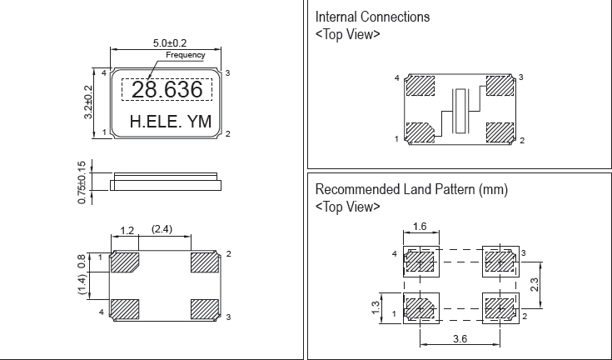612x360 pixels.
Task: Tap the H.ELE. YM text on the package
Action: click(x=171, y=122)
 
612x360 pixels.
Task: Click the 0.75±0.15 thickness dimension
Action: click(x=82, y=181)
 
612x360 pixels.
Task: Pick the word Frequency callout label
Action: click(x=185, y=56)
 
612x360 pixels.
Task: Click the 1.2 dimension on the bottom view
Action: click(x=127, y=230)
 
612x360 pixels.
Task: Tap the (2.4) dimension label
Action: click(x=162, y=230)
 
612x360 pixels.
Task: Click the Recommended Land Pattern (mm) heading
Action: click(x=411, y=190)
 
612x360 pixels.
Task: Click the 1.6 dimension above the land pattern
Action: click(x=420, y=226)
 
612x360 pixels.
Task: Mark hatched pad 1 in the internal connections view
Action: click(x=420, y=132)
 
